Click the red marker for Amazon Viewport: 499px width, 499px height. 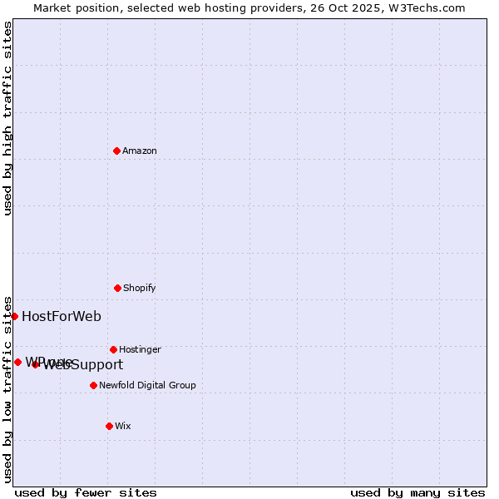pos(117,151)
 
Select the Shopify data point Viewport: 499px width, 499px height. pos(117,288)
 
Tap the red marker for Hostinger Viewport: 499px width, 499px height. pos(113,349)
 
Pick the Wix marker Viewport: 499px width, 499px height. pos(109,426)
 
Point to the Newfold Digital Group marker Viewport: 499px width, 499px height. pos(93,385)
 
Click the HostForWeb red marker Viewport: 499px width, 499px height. pos(14,316)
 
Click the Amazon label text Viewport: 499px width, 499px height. pos(140,151)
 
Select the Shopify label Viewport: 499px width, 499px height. pos(140,288)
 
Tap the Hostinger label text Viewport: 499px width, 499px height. pos(140,349)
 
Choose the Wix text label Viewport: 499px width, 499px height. pos(123,426)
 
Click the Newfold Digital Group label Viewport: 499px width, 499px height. pos(147,385)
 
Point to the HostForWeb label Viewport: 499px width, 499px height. pos(62,316)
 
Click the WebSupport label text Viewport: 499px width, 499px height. pos(83,365)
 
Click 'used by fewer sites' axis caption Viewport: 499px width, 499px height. pos(86,492)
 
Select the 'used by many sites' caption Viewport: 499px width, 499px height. pos(417,492)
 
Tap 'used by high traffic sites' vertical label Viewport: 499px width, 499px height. pos(7,118)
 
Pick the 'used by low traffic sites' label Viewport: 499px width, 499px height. pos(7,388)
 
